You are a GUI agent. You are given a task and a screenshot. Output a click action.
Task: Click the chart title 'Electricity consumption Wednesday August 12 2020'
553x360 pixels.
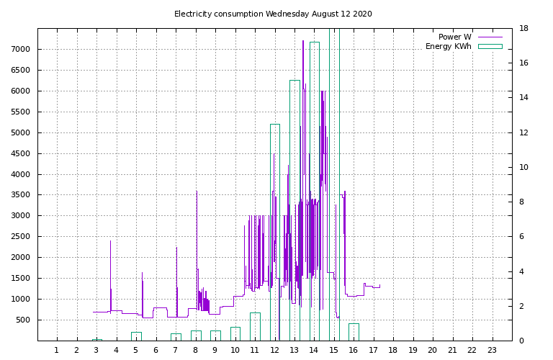(x=273, y=14)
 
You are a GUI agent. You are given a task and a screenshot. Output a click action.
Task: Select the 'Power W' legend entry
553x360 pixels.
(x=455, y=37)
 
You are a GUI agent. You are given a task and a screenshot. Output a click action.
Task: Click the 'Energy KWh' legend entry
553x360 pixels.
(x=449, y=46)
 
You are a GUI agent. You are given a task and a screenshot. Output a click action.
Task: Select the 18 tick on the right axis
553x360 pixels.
(x=524, y=29)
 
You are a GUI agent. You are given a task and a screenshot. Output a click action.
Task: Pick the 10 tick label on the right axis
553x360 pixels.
(x=524, y=168)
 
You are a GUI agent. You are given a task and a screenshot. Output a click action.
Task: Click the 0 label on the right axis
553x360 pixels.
(x=522, y=341)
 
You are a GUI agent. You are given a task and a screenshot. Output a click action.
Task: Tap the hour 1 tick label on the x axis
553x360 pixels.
(x=57, y=351)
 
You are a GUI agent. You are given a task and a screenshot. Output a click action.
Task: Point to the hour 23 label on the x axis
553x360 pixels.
(x=492, y=351)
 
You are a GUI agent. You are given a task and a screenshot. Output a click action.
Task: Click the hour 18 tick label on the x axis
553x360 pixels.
(x=392, y=351)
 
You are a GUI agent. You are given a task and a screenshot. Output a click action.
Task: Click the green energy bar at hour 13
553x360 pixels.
(x=295, y=209)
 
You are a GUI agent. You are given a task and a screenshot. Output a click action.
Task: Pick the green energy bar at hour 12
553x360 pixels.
(x=275, y=230)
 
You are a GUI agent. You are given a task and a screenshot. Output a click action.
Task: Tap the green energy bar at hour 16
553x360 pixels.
(x=354, y=332)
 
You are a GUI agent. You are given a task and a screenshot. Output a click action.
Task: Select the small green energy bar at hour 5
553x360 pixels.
(x=136, y=336)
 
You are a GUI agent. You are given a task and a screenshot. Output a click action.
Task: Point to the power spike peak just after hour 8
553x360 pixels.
(x=197, y=192)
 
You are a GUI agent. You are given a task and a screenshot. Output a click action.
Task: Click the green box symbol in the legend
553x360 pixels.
(x=490, y=46)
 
